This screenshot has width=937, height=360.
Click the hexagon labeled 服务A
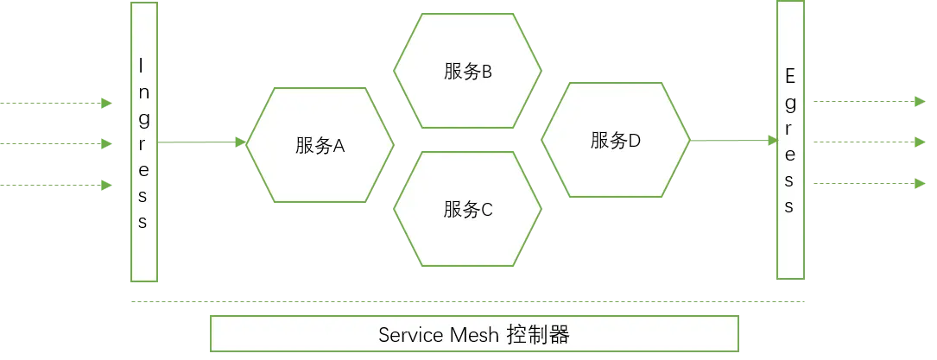320,145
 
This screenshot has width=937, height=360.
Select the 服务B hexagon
468,71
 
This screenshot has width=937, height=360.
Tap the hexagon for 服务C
468,208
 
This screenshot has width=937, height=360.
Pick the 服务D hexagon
616,140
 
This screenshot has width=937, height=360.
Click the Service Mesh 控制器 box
474,333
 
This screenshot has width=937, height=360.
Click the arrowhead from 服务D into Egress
771,141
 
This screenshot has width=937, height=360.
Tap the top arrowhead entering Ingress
106,103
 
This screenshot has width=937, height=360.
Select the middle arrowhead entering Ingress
106,144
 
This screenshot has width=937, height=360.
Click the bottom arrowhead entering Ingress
106,185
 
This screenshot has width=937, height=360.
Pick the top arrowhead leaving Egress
919,100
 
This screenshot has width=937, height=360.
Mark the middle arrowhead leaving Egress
919,141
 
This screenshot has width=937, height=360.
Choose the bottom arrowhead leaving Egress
919,183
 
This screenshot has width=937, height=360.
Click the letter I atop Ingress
142,65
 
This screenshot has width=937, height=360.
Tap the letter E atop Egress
789,76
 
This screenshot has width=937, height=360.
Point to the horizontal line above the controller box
469,300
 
